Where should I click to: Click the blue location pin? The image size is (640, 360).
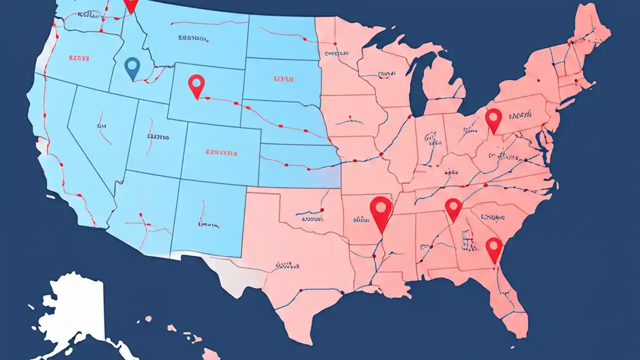(131, 67)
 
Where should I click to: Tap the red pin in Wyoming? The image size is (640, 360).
(196, 84)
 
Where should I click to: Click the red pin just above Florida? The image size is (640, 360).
(493, 248)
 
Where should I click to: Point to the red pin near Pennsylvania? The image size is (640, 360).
(493, 119)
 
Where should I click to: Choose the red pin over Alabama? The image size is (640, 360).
(453, 207)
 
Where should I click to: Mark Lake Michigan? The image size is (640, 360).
(416, 80)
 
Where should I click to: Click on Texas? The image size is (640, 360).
(300, 260)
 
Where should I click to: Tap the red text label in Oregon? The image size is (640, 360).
(78, 58)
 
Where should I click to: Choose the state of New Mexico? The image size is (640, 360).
(207, 215)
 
